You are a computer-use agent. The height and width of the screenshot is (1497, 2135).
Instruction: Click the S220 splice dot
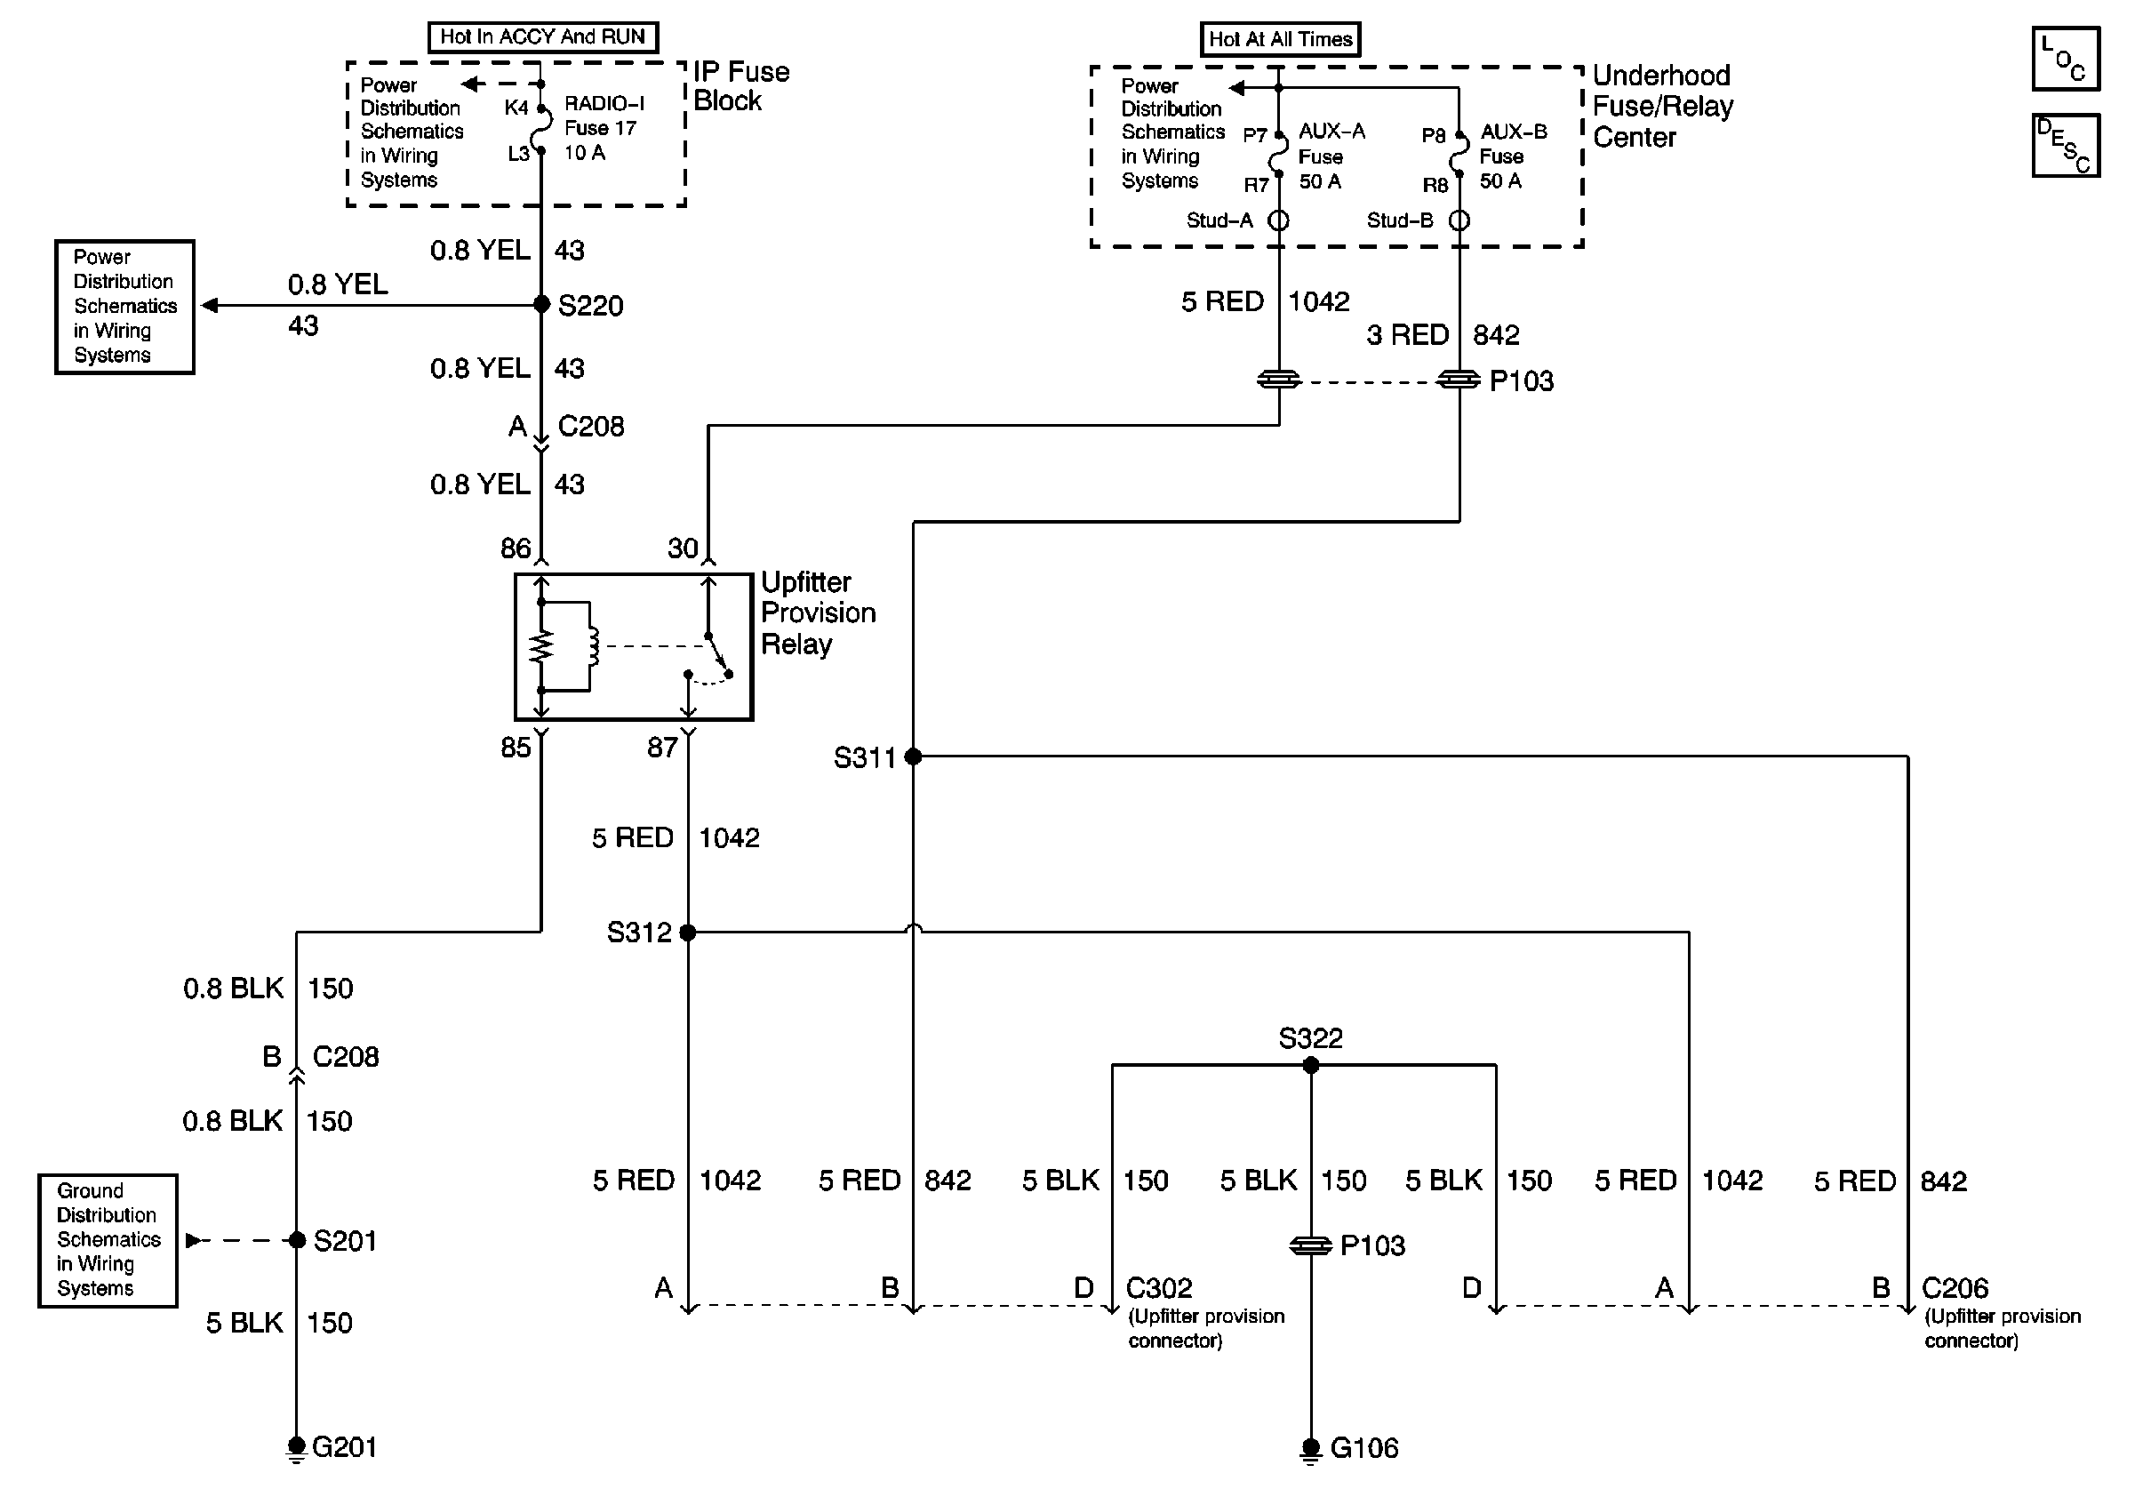[x=541, y=304]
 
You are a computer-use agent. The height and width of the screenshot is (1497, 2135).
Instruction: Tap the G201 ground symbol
[x=296, y=1447]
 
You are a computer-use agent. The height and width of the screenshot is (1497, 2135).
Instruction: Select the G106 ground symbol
[x=1310, y=1449]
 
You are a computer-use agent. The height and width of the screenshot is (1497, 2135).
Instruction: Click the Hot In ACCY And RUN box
[x=542, y=37]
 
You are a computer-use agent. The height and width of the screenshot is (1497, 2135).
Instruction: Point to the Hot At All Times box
[x=1280, y=39]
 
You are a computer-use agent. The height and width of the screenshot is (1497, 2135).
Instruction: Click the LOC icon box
[x=2066, y=59]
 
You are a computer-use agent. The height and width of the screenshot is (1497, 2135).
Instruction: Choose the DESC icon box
[x=2066, y=145]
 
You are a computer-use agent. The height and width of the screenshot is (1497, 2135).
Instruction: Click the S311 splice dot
[x=913, y=757]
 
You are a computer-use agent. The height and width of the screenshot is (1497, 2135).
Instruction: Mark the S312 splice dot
[x=688, y=932]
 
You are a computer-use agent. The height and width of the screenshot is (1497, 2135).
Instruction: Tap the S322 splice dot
[x=1310, y=1066]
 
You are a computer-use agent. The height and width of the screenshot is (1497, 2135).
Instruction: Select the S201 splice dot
[x=297, y=1239]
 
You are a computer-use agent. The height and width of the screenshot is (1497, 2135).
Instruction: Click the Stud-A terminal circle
[x=1278, y=220]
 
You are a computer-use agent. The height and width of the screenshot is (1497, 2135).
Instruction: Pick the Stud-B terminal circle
[x=1459, y=220]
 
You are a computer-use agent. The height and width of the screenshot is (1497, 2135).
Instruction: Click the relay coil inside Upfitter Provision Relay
[x=592, y=646]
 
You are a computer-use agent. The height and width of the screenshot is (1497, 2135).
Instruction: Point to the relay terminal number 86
[x=516, y=548]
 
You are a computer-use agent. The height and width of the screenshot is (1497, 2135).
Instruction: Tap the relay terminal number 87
[x=662, y=748]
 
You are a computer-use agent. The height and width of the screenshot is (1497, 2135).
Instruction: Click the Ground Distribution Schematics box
[x=108, y=1240]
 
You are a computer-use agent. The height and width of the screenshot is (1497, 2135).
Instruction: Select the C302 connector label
[x=1159, y=1288]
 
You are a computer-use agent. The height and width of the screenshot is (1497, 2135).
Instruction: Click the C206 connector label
[x=1955, y=1288]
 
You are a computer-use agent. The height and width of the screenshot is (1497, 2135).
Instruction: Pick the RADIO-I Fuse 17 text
[x=604, y=116]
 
